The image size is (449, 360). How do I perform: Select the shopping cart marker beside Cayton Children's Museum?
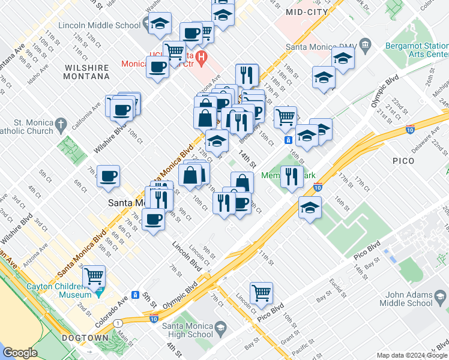[x=94, y=276]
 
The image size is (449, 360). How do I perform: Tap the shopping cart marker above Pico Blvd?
[x=261, y=293]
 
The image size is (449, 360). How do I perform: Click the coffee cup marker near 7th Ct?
[x=108, y=176]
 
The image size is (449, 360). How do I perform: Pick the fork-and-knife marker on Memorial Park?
[x=291, y=176]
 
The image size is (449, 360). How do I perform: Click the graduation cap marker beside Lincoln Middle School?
[x=160, y=23]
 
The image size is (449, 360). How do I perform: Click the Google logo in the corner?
[x=20, y=353]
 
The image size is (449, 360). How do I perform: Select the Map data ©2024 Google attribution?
[x=411, y=355]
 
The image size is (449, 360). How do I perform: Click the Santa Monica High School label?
[x=188, y=330]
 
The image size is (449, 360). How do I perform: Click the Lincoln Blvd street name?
[x=185, y=256]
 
